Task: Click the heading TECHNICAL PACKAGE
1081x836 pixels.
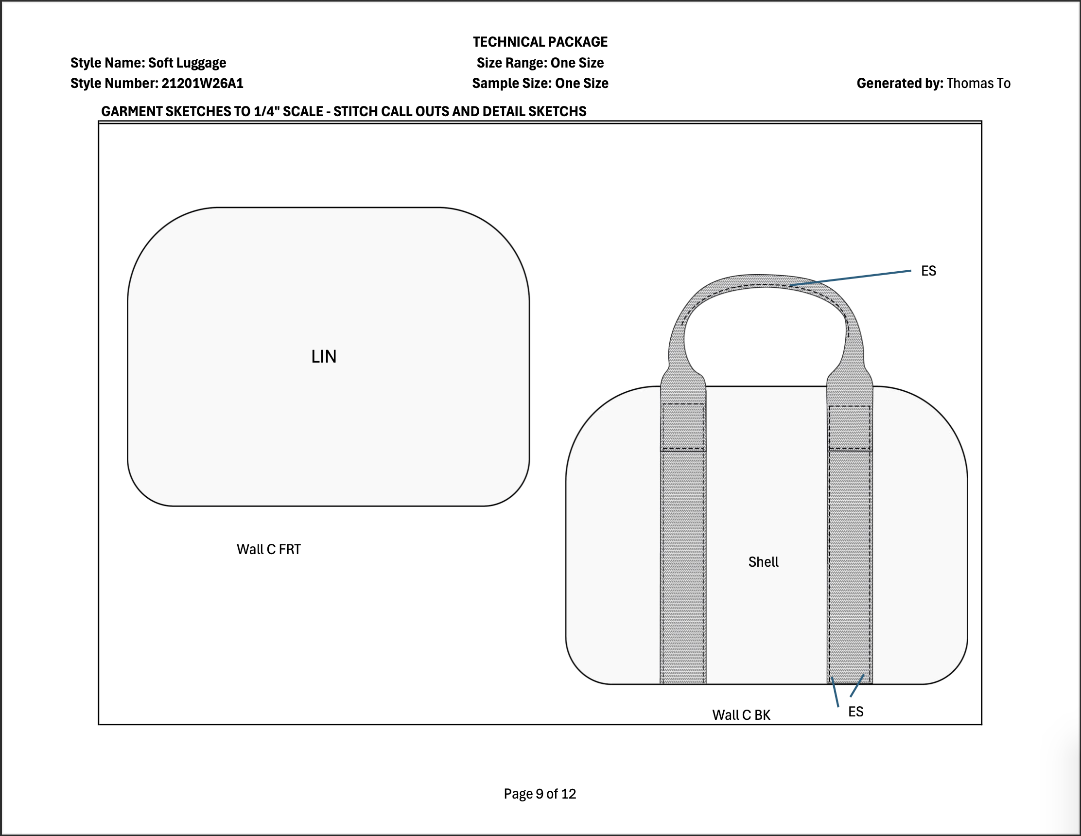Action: coord(540,42)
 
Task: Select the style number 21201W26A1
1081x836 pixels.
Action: coord(202,83)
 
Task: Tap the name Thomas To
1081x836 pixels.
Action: coord(978,83)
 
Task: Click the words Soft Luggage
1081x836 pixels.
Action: coord(187,63)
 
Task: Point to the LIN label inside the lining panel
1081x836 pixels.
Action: coord(324,356)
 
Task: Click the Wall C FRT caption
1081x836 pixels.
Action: coord(269,549)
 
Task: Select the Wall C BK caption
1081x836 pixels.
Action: coord(741,715)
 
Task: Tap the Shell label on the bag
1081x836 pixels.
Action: coord(763,562)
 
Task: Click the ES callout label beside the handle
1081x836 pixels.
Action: coord(928,271)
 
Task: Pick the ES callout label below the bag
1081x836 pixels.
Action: coord(856,712)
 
